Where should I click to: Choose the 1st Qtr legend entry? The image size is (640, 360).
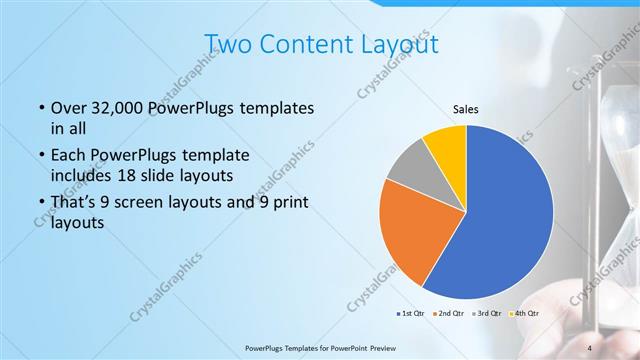[410, 315]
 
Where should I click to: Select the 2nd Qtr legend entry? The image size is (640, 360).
[449, 315]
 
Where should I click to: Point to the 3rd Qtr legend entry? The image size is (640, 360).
[487, 315]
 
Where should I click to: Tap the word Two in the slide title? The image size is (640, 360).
[227, 44]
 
